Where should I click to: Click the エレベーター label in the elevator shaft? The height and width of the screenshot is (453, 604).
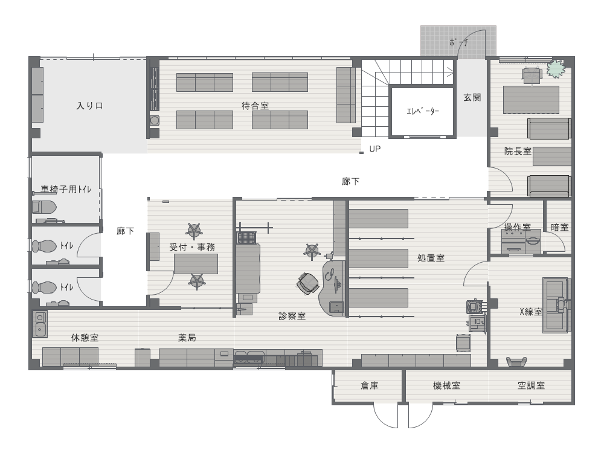(x=423, y=111)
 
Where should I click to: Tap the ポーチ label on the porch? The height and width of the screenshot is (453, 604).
(x=458, y=42)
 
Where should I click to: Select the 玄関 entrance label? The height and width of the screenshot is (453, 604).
(x=472, y=97)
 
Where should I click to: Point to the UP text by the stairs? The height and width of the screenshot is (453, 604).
(x=375, y=149)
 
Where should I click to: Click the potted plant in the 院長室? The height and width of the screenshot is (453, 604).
(x=555, y=68)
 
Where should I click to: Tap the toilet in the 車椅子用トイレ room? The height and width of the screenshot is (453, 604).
(x=44, y=207)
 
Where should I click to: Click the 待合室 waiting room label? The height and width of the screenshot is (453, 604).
(x=255, y=106)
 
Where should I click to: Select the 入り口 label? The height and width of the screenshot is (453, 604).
(x=90, y=106)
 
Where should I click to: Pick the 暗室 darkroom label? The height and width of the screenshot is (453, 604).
(x=560, y=227)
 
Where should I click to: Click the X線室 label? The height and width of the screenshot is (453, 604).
(x=531, y=312)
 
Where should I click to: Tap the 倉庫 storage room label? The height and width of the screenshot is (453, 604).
(x=370, y=385)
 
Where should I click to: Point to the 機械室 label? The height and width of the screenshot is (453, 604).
(x=446, y=385)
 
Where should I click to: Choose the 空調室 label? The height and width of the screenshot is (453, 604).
(x=531, y=385)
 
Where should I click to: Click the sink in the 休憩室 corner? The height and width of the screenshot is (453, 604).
(x=40, y=324)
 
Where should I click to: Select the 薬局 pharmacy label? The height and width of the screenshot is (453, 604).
(x=187, y=338)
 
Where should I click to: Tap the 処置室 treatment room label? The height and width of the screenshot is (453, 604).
(x=431, y=258)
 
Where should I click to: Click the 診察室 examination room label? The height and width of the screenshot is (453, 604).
(x=292, y=316)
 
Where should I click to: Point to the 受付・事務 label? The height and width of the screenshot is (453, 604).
(x=192, y=247)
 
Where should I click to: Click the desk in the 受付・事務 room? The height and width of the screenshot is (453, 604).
(x=196, y=264)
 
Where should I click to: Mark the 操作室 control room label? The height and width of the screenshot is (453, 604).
(x=517, y=227)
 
